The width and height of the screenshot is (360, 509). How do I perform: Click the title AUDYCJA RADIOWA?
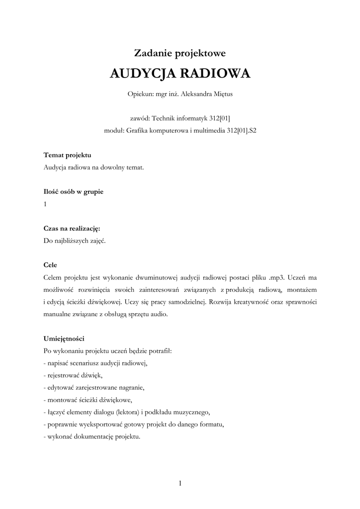tap(180, 74)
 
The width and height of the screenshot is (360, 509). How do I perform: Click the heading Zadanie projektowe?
tap(180, 52)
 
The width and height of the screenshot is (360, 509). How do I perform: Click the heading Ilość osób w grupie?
tap(74, 191)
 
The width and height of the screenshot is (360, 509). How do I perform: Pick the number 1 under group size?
tap(45, 204)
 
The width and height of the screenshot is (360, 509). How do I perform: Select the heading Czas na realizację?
tap(72, 228)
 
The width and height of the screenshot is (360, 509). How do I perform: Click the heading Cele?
tap(51, 265)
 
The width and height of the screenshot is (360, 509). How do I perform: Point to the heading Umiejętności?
tap(64, 339)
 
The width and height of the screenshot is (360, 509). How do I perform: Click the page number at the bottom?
tap(180, 483)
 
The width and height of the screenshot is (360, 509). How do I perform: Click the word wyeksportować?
tap(102, 424)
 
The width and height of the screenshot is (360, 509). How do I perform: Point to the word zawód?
tap(139, 118)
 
